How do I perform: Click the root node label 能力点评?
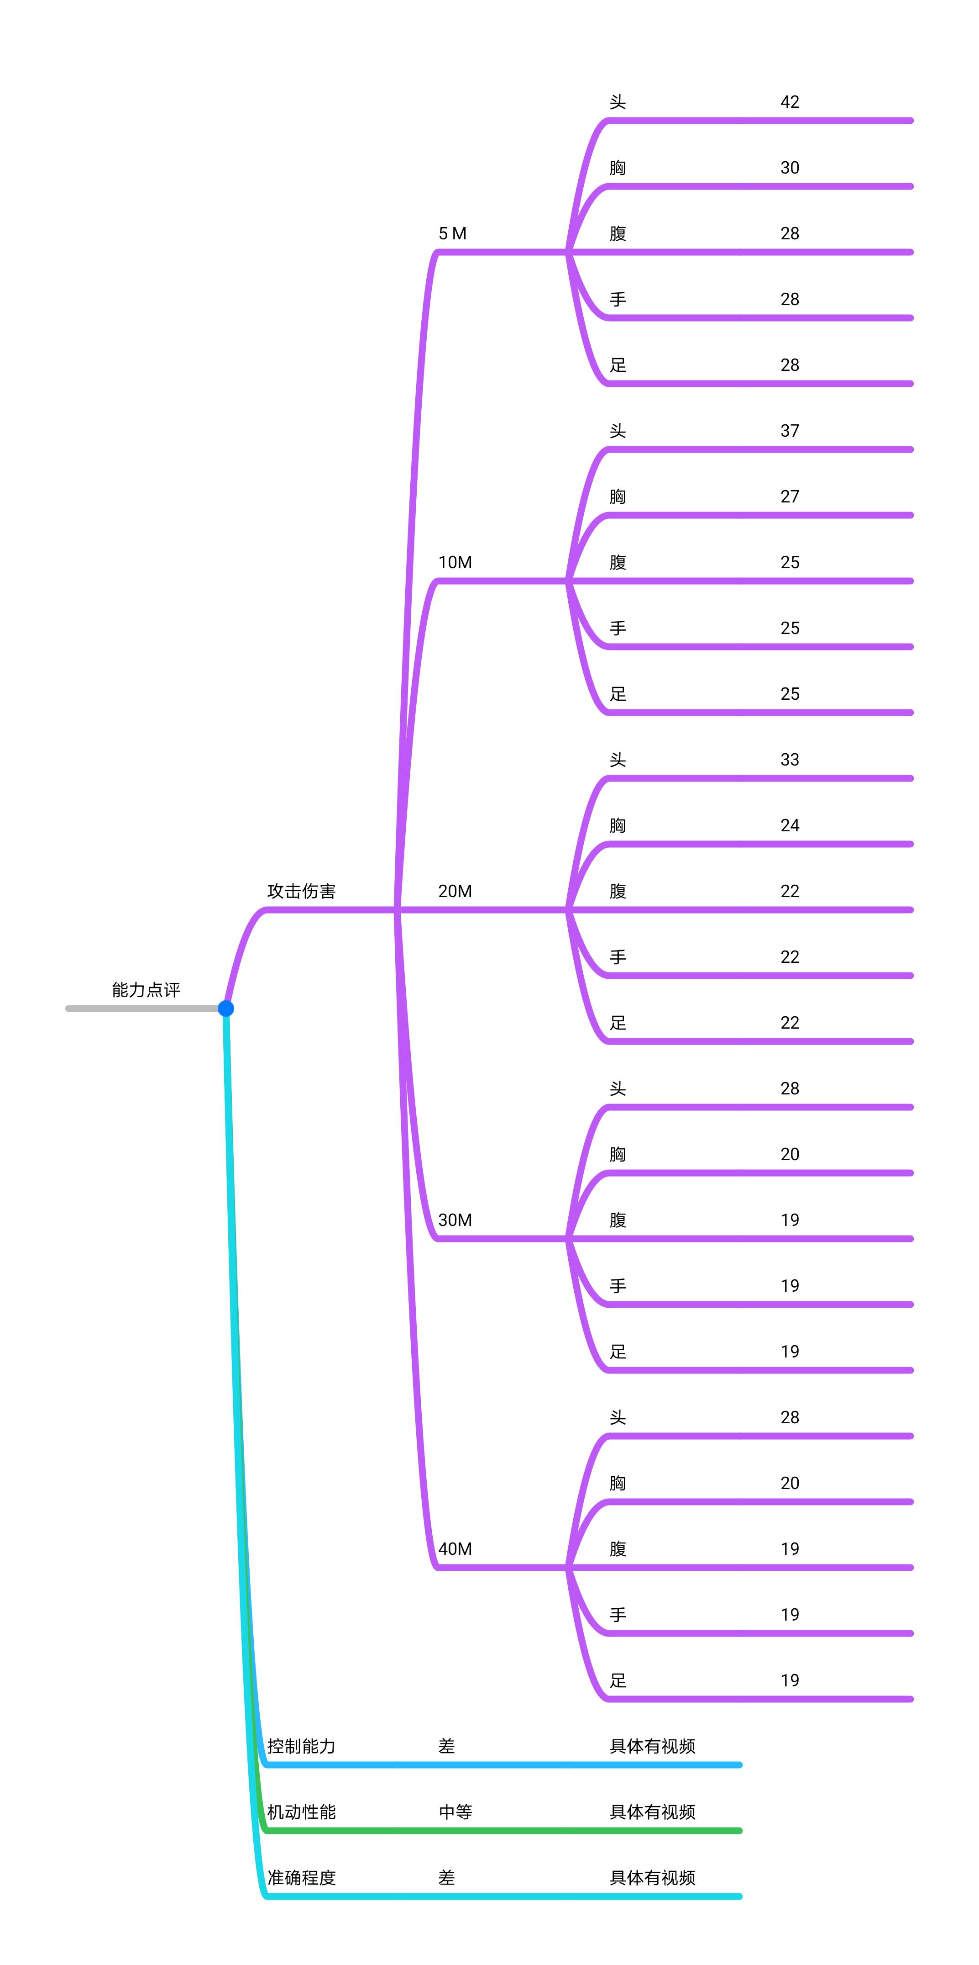point(146,990)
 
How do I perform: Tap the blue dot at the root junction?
point(225,1009)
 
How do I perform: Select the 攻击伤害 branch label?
point(301,891)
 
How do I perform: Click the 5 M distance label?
point(452,233)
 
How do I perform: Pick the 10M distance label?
point(455,562)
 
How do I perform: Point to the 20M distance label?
point(455,891)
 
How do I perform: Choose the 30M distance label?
point(455,1220)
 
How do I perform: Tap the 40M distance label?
point(455,1548)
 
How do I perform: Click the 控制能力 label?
point(301,1746)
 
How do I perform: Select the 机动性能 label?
point(301,1812)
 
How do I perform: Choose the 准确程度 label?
point(301,1877)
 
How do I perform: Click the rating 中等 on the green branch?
point(455,1812)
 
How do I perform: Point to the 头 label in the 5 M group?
point(618,102)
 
